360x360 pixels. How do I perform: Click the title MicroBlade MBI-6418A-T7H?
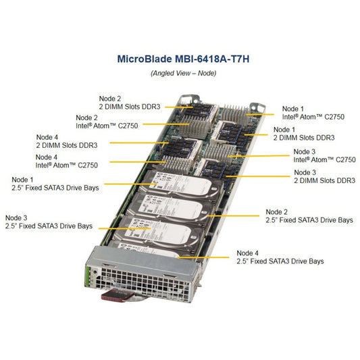pos(183,59)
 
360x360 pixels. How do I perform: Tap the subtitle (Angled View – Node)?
pos(184,73)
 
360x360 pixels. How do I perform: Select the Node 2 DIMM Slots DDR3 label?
pos(130,103)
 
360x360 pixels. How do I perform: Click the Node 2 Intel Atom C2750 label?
pos(107,122)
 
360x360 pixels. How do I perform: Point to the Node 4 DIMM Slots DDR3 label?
pos(67,141)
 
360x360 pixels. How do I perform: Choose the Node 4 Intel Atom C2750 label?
pos(67,161)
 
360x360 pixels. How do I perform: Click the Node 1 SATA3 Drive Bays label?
pos(55,184)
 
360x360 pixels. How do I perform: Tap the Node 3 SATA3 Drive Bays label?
pos(49,222)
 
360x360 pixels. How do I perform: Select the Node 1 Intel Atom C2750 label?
pos(313,113)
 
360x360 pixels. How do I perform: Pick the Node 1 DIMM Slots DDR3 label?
pos(304,134)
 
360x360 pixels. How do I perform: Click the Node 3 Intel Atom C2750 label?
pos(324,155)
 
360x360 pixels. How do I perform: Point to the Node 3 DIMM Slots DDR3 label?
pos(325,176)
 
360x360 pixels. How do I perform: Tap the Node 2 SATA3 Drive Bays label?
pos(309,216)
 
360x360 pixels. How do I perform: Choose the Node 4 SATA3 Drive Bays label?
pos(280,257)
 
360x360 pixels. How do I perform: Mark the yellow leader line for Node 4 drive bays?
pos(203,257)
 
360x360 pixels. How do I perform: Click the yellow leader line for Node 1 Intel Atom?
pos(260,114)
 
